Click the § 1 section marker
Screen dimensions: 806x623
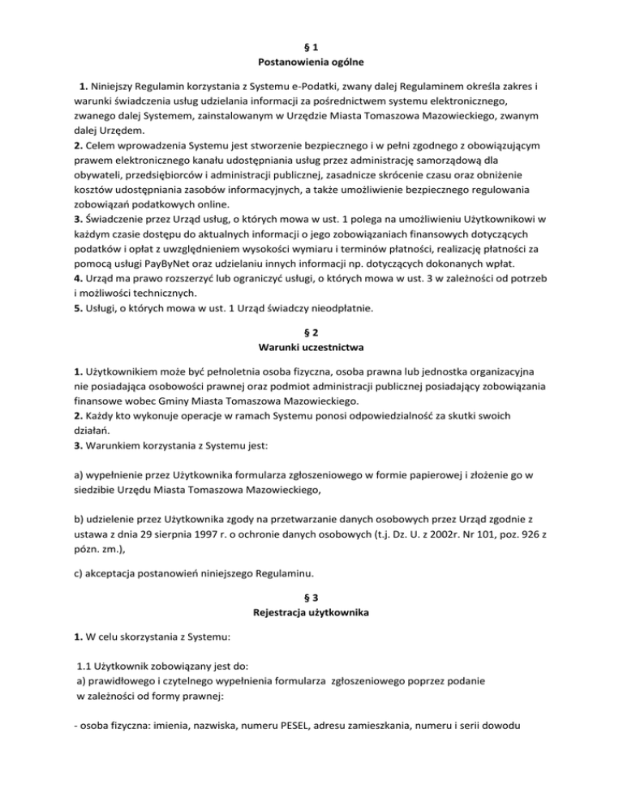click(x=311, y=45)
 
